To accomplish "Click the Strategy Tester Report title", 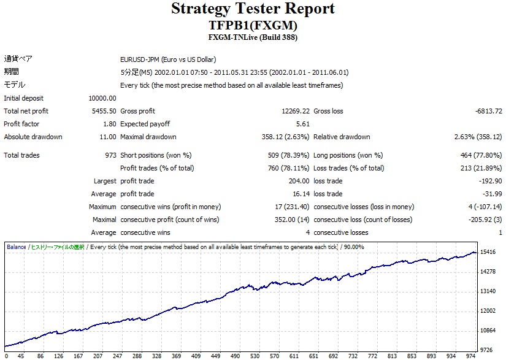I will [x=253, y=9].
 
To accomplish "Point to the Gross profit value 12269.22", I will [x=295, y=111].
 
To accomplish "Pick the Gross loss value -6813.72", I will [x=488, y=111].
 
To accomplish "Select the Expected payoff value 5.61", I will [x=303, y=124].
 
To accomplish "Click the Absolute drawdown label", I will [x=33, y=137].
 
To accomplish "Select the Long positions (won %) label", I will [x=348, y=155].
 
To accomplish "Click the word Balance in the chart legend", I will [x=17, y=247].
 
